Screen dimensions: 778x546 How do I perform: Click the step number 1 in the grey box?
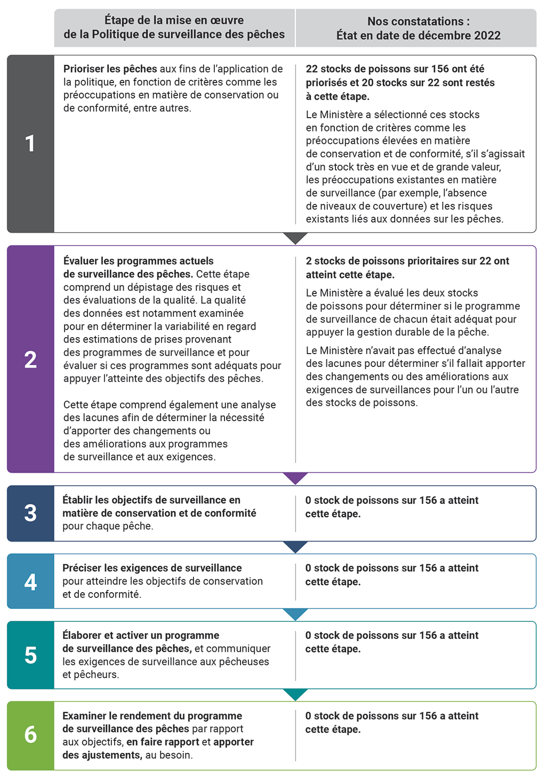(30, 143)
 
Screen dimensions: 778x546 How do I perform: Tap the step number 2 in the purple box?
(30, 360)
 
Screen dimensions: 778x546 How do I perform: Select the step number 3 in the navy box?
(30, 513)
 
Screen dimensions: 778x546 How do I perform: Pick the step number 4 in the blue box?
(30, 582)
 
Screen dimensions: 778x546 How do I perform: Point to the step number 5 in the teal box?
(30, 655)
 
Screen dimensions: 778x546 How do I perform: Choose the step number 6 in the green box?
(30, 735)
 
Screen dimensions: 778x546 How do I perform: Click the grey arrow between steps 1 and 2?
(295, 238)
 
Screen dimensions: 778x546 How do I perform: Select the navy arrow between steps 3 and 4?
(295, 547)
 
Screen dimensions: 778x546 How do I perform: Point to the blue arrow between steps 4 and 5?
(295, 614)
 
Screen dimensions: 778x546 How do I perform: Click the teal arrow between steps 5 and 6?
(295, 694)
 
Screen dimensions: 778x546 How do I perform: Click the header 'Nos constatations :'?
(419, 22)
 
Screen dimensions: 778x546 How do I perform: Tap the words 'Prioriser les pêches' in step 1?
(110, 69)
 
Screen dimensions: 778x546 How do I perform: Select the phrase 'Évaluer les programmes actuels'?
(139, 261)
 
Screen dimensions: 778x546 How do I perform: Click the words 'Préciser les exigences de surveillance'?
(152, 568)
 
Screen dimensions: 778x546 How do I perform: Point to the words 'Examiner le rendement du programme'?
(152, 716)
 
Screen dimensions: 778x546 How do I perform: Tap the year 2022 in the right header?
(487, 36)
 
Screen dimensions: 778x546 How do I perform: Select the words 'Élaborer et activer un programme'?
(141, 635)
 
